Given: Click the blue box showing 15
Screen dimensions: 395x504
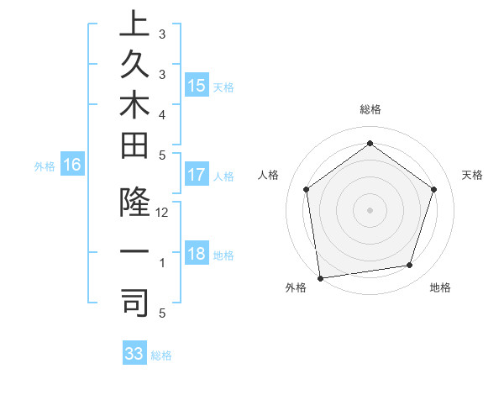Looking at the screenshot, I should pyautogui.click(x=197, y=86).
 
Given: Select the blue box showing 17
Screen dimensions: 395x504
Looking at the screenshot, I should pyautogui.click(x=197, y=175).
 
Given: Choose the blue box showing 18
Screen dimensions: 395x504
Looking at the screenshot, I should pyautogui.click(x=197, y=255).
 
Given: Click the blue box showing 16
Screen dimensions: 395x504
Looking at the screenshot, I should pyautogui.click(x=72, y=166).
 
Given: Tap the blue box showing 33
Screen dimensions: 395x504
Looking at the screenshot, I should pyautogui.click(x=134, y=354).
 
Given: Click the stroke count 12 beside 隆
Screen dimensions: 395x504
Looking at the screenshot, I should pyautogui.click(x=162, y=213).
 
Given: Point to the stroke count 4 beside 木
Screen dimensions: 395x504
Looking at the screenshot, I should pyautogui.click(x=162, y=113).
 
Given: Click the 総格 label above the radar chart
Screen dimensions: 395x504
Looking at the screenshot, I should pyautogui.click(x=370, y=109).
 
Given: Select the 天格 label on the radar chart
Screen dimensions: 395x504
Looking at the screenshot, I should pyautogui.click(x=472, y=175).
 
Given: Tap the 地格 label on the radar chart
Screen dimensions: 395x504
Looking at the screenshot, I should pyautogui.click(x=440, y=287).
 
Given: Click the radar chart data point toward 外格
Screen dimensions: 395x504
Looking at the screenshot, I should pyautogui.click(x=320, y=277).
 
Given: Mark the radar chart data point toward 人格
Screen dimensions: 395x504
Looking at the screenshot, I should pyautogui.click(x=306, y=189).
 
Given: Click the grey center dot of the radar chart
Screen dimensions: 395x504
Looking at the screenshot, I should pyautogui.click(x=370, y=209).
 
